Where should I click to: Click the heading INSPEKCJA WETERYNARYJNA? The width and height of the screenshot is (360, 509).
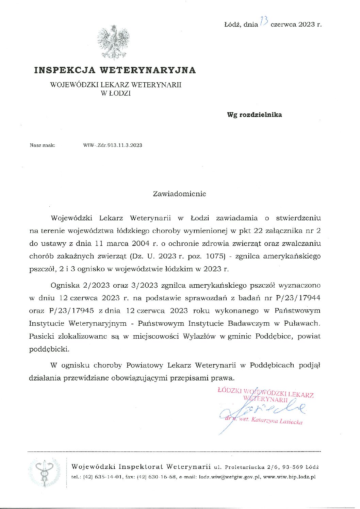[115, 70]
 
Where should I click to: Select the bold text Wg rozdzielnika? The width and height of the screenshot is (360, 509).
[254, 115]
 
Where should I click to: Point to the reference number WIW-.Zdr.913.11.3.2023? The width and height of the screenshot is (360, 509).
[113, 145]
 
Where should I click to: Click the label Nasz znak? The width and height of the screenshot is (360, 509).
[43, 145]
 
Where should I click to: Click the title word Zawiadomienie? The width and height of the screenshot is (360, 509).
[179, 194]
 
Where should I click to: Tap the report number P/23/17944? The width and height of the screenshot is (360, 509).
[298, 298]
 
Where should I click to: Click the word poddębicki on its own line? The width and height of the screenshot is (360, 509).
[49, 349]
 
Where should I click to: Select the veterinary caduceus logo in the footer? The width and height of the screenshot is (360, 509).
[44, 472]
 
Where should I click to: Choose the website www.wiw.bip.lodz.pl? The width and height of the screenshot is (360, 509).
[289, 477]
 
